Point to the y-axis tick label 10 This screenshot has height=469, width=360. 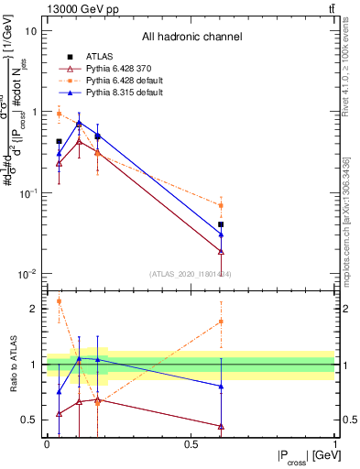click(31, 30)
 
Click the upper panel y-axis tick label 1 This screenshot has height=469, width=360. click(34, 112)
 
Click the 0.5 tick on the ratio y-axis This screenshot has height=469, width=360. click(29, 420)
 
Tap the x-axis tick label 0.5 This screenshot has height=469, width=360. click(191, 444)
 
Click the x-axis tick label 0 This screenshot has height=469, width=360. click(47, 444)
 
